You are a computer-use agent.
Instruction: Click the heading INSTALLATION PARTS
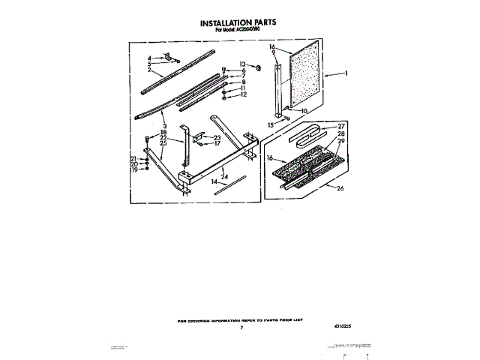tap(238, 23)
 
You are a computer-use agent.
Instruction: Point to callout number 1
tap(346, 73)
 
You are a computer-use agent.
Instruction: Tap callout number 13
tap(243, 64)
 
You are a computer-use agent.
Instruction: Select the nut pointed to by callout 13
tap(257, 68)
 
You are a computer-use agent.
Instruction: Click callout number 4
tap(149, 58)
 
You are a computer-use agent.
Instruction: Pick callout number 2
tap(149, 70)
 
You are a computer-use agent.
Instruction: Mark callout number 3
tap(164, 127)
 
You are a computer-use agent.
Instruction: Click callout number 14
tap(214, 181)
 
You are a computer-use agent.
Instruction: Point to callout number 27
tap(340, 126)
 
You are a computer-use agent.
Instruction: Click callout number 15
tap(271, 124)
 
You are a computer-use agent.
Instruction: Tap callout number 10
tap(304, 110)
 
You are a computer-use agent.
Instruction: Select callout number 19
tap(134, 170)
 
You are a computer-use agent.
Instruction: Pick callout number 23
tap(217, 137)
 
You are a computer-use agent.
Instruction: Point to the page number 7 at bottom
tap(241, 328)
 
